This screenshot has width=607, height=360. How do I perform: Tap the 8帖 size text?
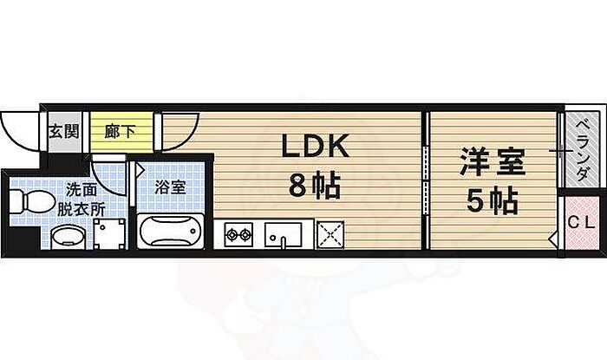313,185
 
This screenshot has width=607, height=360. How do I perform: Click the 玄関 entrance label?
62,132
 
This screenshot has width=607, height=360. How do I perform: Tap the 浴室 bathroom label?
169,186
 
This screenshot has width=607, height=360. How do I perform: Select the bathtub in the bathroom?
170,232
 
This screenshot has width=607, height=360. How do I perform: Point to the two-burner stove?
238,232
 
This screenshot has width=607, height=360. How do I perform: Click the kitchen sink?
284,233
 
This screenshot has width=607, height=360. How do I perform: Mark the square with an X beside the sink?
329,233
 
